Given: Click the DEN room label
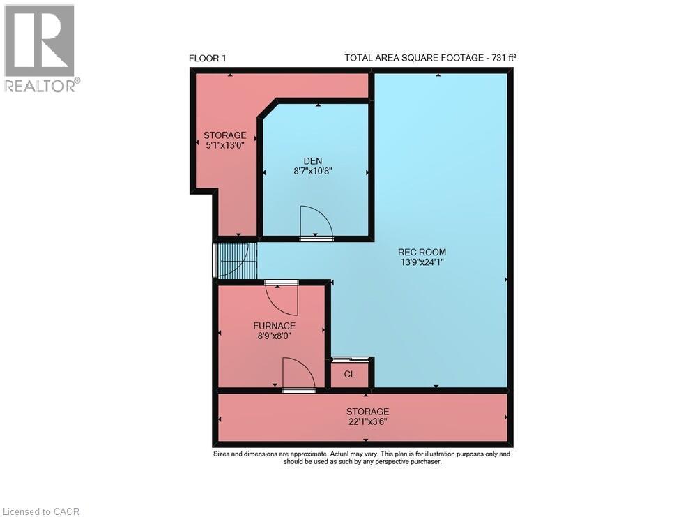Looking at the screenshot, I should pos(312,160).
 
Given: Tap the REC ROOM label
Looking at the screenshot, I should pos(422,252).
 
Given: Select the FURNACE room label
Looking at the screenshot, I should pos(274,326).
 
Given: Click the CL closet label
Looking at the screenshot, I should pos(350,375).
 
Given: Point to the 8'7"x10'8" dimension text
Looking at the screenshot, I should pos(312,170).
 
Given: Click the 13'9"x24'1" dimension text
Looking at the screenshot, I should pos(422,262).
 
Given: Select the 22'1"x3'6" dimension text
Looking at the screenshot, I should pos(367,421).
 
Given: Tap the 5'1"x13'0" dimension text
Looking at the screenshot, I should pos(224,145).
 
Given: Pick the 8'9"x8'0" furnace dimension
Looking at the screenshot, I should pos(274,336).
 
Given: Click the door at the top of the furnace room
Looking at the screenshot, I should pos(282,297).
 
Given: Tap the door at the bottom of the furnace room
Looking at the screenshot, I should pos(298,375).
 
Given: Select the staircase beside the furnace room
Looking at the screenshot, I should pos(236,259).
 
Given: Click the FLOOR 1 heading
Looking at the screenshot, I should pos(208,58).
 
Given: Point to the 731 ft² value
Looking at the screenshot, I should pos(501,58).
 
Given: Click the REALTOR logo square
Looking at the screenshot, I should pos(39,40).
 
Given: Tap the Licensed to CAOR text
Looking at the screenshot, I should pos(40,511).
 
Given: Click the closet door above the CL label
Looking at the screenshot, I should pos(350,359).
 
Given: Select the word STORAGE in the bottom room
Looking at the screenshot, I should pos(367,412).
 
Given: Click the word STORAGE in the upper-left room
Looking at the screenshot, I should pos(224,135).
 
